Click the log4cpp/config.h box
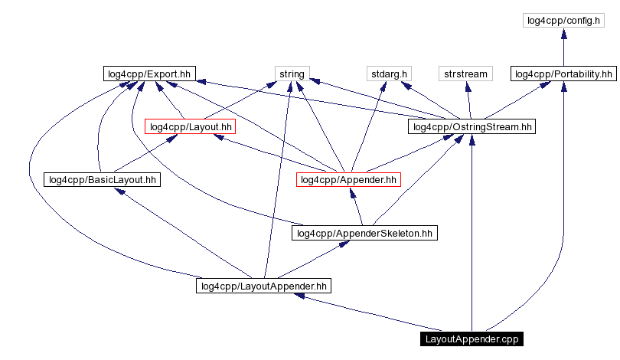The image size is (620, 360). [563, 21]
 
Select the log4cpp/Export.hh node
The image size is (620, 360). [149, 74]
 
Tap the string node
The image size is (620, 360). [291, 74]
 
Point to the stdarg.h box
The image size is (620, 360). [389, 74]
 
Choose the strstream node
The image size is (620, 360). [465, 74]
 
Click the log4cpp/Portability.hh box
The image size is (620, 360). [563, 74]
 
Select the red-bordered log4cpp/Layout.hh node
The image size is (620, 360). [190, 126]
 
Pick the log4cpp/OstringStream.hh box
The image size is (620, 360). [472, 126]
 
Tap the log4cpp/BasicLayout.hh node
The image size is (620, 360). [102, 180]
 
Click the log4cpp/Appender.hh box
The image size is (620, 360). [348, 180]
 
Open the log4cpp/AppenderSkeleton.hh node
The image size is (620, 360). [364, 233]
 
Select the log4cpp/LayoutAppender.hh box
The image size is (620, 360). [263, 286]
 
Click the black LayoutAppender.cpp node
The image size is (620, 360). [472, 339]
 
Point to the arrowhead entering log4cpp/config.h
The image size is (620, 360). [563, 33]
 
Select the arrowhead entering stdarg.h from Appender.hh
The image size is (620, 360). [382, 87]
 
